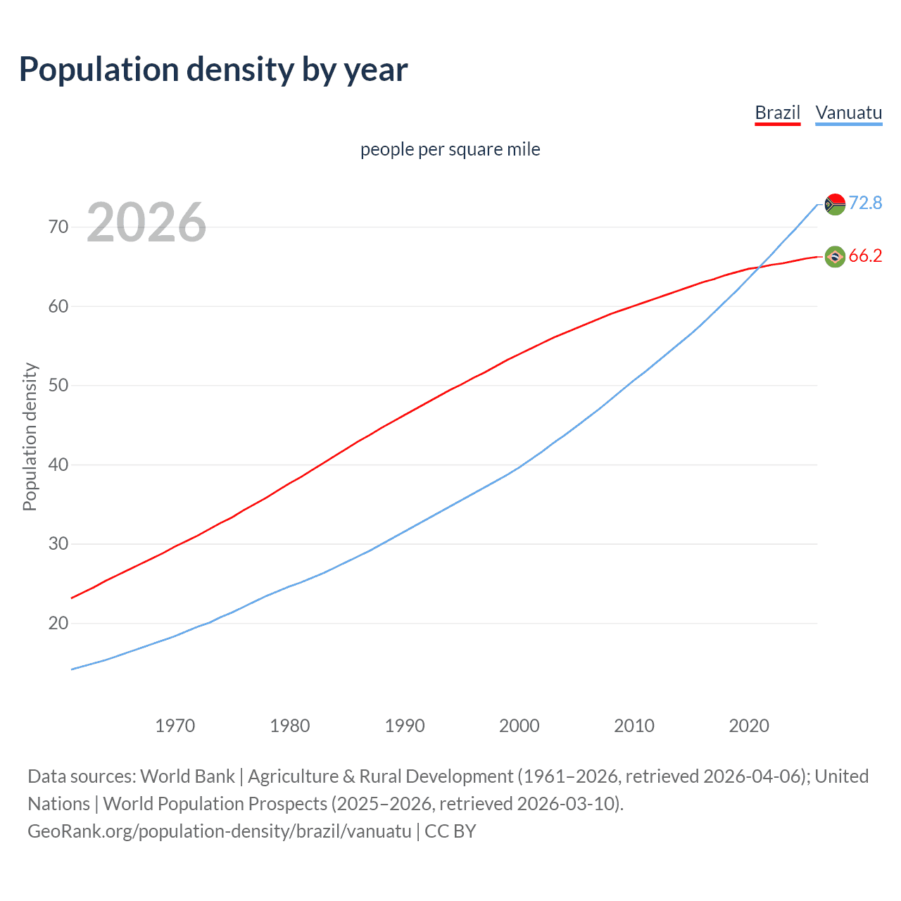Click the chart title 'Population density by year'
tap(213, 70)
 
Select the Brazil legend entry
tap(777, 113)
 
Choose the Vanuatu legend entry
tap(848, 113)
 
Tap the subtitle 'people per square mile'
tap(450, 149)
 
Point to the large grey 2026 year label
tap(146, 222)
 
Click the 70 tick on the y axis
tap(58, 227)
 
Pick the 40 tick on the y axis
tap(58, 465)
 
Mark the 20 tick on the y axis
tap(58, 623)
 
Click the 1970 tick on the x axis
tap(175, 726)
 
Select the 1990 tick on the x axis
tap(404, 726)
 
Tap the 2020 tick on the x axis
tap(748, 726)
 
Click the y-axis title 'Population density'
tap(30, 436)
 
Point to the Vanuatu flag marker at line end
tap(835, 204)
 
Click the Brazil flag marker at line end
tap(835, 257)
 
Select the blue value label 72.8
tap(865, 203)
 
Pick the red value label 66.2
tap(865, 256)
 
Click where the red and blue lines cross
tap(757, 267)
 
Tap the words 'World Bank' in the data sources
tap(187, 776)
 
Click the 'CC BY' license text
tap(450, 831)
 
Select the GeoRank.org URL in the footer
tap(219, 831)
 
